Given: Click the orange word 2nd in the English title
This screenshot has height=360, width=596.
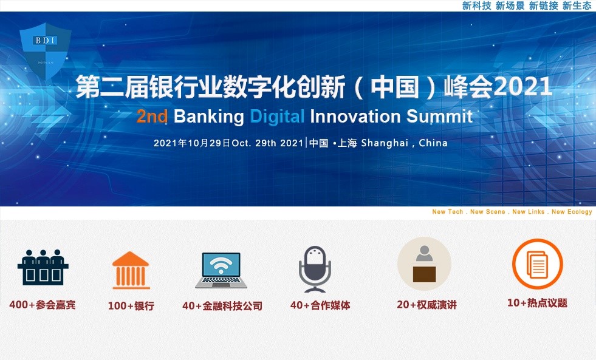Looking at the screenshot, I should tap(152, 117).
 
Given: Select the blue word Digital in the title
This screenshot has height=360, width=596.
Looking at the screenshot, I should tap(277, 117).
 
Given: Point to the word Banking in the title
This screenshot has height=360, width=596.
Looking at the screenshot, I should tap(208, 117).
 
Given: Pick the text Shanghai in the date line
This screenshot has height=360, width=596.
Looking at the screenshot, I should tap(384, 144).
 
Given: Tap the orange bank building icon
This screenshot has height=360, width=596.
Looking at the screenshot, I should tap(131, 270).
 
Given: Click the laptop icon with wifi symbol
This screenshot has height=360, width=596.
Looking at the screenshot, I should tap(221, 270).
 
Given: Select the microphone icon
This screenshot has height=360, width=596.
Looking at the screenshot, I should tap(315, 269).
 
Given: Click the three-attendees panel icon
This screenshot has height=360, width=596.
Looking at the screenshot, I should tap(43, 267).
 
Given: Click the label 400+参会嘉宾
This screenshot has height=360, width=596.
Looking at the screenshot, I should tap(43, 305).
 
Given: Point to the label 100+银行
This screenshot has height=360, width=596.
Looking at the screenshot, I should tap(131, 306).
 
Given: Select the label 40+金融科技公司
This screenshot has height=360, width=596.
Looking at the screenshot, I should tap(222, 306).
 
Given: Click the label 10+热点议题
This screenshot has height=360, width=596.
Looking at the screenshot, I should tap(537, 303).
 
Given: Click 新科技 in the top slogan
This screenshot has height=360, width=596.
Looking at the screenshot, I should tap(477, 5).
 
